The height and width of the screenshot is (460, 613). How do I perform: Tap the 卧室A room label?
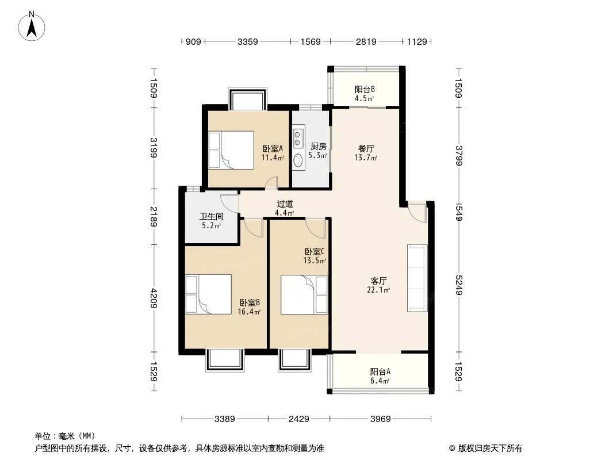[x=273, y=148]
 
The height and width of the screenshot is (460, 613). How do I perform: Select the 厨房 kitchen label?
[x=318, y=146]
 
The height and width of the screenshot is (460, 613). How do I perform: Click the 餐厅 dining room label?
[x=366, y=148]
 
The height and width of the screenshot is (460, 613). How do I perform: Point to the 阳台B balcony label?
[x=365, y=89]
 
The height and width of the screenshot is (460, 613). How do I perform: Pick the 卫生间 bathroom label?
[x=212, y=216]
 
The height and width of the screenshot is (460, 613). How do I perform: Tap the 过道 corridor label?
[x=285, y=204]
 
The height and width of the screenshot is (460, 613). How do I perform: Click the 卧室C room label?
[x=315, y=251]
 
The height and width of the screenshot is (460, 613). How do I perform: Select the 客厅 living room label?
[x=378, y=281]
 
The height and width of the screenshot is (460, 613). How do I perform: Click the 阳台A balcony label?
[x=380, y=371]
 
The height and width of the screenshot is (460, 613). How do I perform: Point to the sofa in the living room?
[x=417, y=278]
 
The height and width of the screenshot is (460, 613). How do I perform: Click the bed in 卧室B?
[x=208, y=294]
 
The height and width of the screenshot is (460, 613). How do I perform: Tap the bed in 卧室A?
[x=231, y=150]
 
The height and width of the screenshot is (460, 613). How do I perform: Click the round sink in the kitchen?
[x=298, y=160]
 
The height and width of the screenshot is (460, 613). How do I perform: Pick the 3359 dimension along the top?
[x=247, y=41]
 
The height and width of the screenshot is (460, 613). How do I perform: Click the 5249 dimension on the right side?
[x=459, y=285]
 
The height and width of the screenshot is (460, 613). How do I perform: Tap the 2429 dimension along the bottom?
[x=298, y=419]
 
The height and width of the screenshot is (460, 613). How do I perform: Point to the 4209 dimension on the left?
[x=154, y=298]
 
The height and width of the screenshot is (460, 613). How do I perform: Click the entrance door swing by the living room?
[x=417, y=212]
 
